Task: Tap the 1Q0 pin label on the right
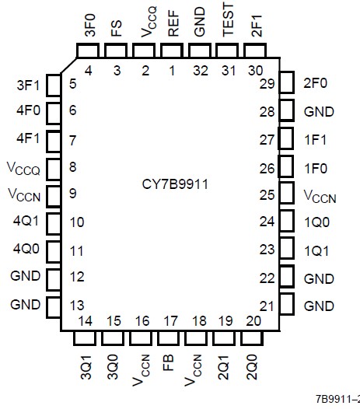click(x=319, y=221)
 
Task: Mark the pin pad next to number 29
click(x=287, y=82)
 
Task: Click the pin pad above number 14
click(x=83, y=339)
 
